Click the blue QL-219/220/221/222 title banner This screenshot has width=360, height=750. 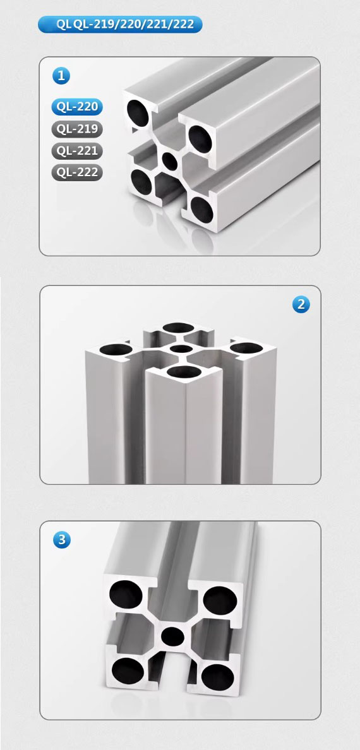[119, 25]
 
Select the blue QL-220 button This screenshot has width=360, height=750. [77, 107]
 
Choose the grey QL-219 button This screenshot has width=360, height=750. [77, 129]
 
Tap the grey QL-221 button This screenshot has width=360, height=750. [77, 151]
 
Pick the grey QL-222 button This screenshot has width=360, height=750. [77, 172]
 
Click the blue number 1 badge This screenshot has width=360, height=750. [61, 76]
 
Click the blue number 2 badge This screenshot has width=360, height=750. [301, 304]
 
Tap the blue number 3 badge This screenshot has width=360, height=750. [61, 540]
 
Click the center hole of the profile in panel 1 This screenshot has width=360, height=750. [170, 162]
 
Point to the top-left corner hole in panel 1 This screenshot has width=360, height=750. [138, 114]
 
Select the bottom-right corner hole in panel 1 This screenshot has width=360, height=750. [202, 210]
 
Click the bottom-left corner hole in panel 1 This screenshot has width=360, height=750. [141, 182]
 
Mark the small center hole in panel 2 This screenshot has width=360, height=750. [181, 348]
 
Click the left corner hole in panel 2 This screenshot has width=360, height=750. [116, 350]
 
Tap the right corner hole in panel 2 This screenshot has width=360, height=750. [246, 348]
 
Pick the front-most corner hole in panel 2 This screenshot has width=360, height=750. [185, 372]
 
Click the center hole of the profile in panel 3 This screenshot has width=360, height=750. [173, 636]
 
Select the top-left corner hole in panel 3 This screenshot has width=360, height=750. [126, 595]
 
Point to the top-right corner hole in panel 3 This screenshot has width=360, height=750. [220, 600]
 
